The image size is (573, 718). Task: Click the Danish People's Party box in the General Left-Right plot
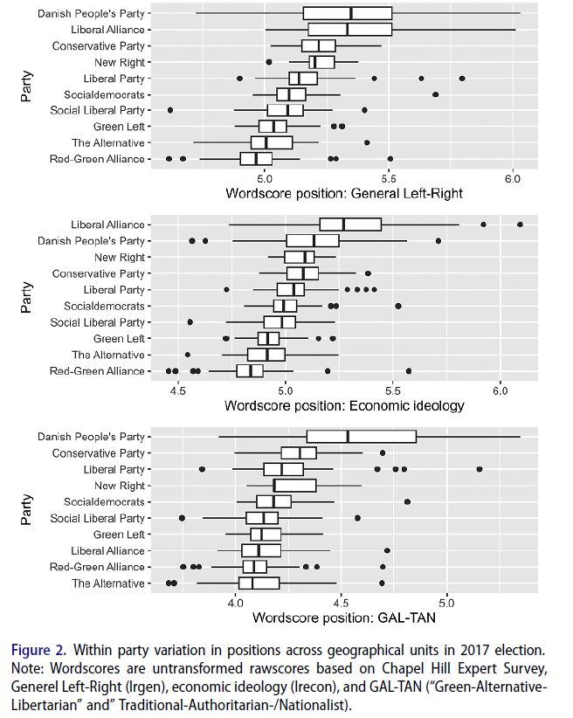(347, 13)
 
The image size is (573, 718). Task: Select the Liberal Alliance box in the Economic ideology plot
(350, 224)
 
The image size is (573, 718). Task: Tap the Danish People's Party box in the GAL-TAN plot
(361, 436)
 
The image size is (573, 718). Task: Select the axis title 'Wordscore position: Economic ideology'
(343, 405)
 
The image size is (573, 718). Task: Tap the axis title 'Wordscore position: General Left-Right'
(343, 193)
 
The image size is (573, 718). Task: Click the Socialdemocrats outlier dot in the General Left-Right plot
(435, 94)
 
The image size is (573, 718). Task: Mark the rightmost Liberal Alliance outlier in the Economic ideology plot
(520, 224)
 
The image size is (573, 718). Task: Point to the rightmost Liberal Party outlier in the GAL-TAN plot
(479, 469)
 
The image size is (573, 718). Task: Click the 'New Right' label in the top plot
(120, 62)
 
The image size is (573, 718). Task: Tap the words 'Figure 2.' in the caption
(38, 650)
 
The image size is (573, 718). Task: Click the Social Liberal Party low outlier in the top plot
(170, 110)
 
